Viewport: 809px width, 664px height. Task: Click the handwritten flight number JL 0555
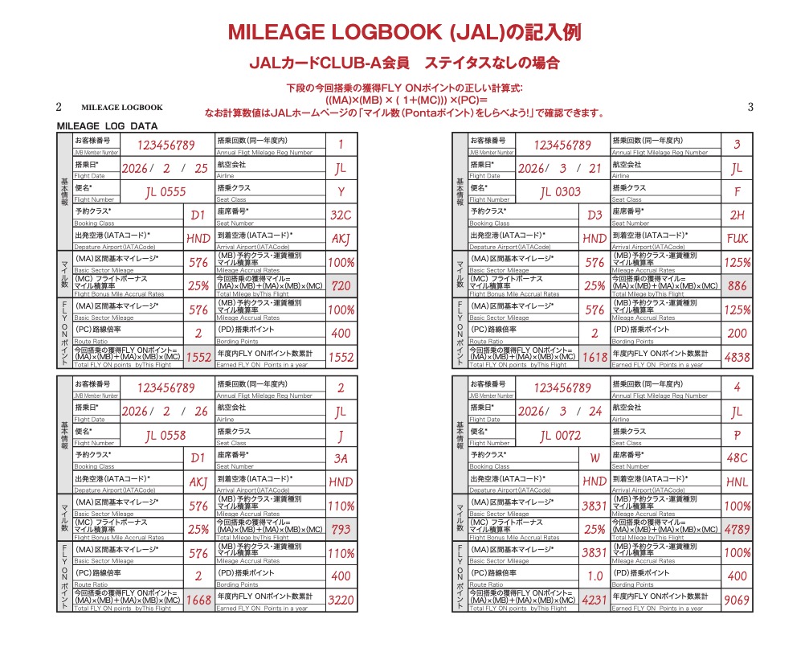(165, 192)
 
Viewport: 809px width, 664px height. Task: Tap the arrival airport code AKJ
(341, 239)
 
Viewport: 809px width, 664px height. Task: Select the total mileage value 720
(341, 285)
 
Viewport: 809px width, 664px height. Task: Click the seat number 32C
(341, 215)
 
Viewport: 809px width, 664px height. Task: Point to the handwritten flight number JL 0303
(560, 192)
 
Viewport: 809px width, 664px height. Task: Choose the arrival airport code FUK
(737, 239)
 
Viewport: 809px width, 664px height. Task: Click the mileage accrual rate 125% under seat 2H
(737, 262)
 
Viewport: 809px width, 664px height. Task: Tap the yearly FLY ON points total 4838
(737, 357)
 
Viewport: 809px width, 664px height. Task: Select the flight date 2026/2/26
(165, 412)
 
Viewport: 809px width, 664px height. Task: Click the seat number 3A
(341, 458)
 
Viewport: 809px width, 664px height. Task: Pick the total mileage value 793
(341, 530)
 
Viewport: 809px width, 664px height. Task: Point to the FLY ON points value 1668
(198, 600)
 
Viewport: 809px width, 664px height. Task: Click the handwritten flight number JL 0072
(560, 436)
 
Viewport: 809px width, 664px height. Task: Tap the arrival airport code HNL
(737, 482)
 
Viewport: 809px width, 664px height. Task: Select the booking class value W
(594, 458)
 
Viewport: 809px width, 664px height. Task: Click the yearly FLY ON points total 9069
(737, 600)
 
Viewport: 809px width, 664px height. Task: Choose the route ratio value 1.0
(594, 576)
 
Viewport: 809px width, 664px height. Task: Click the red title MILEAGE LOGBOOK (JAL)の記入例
(404, 33)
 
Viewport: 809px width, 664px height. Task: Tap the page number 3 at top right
(750, 107)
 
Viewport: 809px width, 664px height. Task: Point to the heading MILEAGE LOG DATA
(107, 126)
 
